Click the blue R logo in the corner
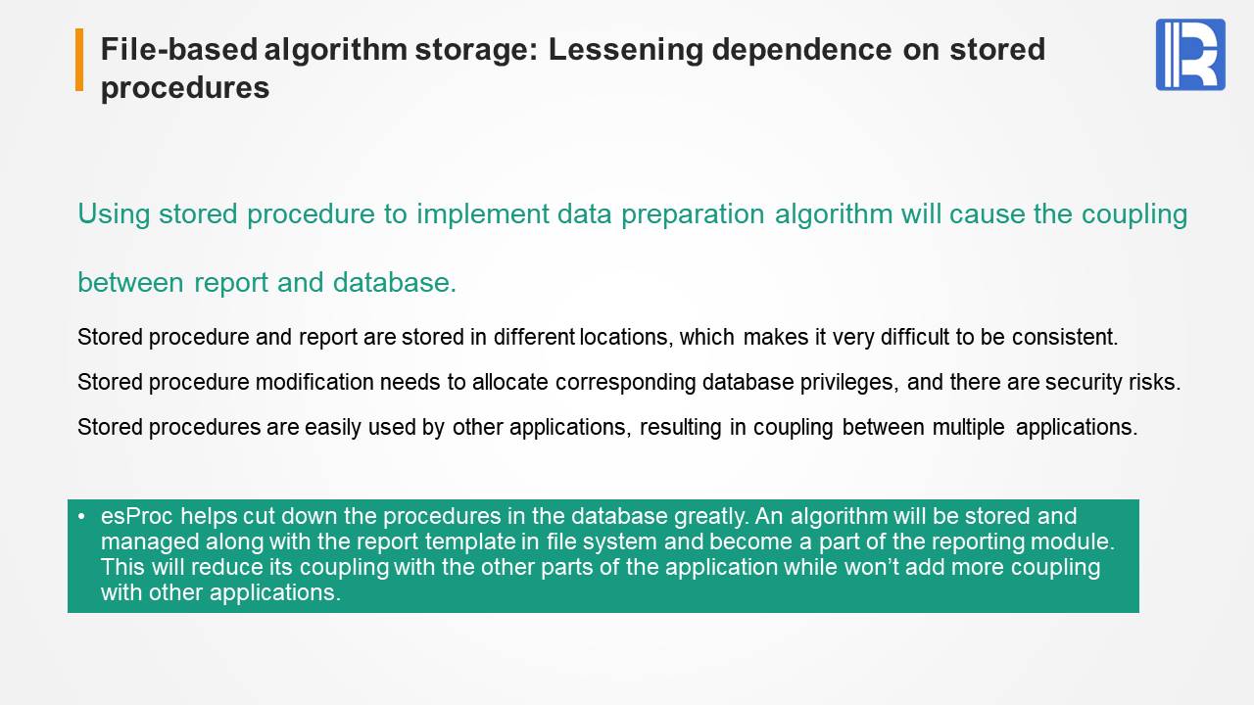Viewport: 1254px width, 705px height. pos(1190,54)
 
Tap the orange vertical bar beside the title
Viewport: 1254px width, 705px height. pos(79,60)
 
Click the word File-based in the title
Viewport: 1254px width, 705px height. pos(179,49)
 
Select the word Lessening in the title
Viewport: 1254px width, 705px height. pos(625,50)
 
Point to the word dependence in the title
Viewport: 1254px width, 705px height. pos(801,49)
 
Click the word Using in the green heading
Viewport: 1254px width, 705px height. pos(114,214)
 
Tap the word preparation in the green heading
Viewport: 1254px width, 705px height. pos(693,214)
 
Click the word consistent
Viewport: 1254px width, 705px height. pos(1065,337)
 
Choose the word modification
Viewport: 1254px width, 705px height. pos(314,382)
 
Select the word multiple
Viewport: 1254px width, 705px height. pos(969,428)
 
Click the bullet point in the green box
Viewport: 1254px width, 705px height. pos(81,516)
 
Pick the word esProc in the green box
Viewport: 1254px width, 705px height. pos(136,516)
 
